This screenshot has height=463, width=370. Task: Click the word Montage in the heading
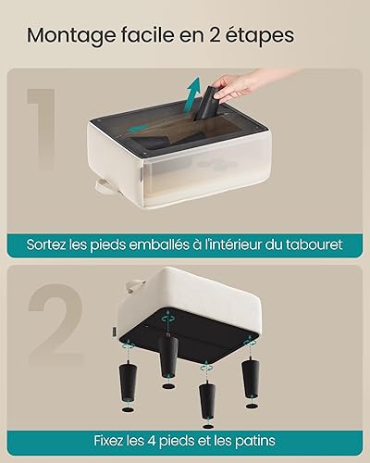click(71, 36)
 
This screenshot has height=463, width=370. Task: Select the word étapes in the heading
click(260, 36)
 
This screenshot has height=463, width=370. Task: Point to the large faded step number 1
click(43, 129)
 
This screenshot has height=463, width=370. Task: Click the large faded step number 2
click(55, 324)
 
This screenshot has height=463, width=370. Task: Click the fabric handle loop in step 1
click(105, 186)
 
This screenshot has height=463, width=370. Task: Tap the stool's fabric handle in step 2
click(135, 285)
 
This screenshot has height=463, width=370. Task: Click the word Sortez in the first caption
click(46, 245)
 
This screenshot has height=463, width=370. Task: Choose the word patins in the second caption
click(255, 441)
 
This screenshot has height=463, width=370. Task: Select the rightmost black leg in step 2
click(251, 377)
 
